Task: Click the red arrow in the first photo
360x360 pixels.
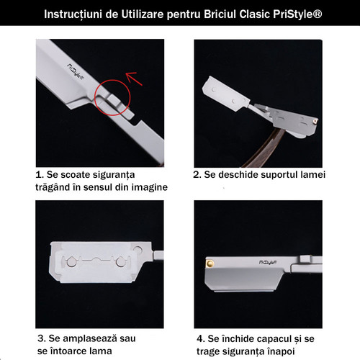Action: click(135, 78)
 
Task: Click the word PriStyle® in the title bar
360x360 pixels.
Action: click(297, 14)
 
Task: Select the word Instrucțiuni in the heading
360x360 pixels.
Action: click(73, 15)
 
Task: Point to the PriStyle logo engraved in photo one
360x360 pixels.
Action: click(75, 71)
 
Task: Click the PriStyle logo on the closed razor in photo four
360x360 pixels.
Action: click(268, 262)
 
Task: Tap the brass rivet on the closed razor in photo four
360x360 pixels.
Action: click(210, 264)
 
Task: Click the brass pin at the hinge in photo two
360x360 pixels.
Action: click(315, 122)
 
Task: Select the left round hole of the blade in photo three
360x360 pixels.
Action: click(71, 262)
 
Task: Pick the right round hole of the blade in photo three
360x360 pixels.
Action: click(120, 261)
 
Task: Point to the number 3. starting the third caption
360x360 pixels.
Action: click(41, 338)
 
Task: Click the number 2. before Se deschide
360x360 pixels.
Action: click(197, 175)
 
